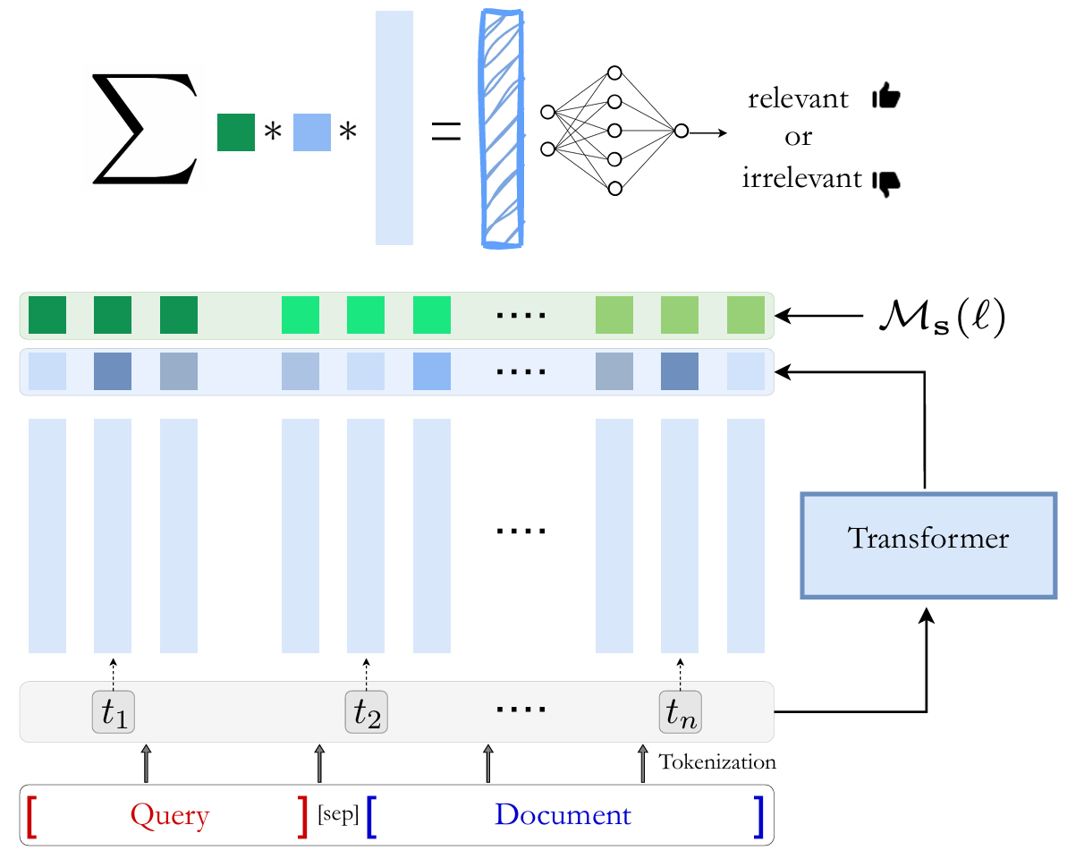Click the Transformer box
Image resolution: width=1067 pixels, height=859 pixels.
(x=927, y=544)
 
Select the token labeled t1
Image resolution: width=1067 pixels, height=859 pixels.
(x=113, y=712)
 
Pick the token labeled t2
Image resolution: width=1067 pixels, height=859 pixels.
(x=367, y=712)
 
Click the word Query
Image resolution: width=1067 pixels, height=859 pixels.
(x=169, y=815)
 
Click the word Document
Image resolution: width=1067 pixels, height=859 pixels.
(x=563, y=815)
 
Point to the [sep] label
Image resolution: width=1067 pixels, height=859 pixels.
(x=338, y=815)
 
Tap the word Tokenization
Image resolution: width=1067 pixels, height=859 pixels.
(x=716, y=763)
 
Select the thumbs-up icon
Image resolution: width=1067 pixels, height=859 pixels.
(x=885, y=98)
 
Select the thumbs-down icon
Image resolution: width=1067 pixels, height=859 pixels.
(x=885, y=182)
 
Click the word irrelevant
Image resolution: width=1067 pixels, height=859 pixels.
(x=800, y=179)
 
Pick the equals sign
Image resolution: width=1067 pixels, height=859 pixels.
(x=445, y=131)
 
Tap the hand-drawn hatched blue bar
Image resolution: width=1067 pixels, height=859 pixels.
(x=502, y=126)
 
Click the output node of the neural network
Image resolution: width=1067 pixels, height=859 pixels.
(x=681, y=131)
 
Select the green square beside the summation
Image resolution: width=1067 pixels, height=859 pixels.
(x=236, y=132)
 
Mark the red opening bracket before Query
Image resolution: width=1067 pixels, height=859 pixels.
(x=33, y=815)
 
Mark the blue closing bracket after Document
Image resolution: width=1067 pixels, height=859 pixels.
(x=758, y=815)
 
